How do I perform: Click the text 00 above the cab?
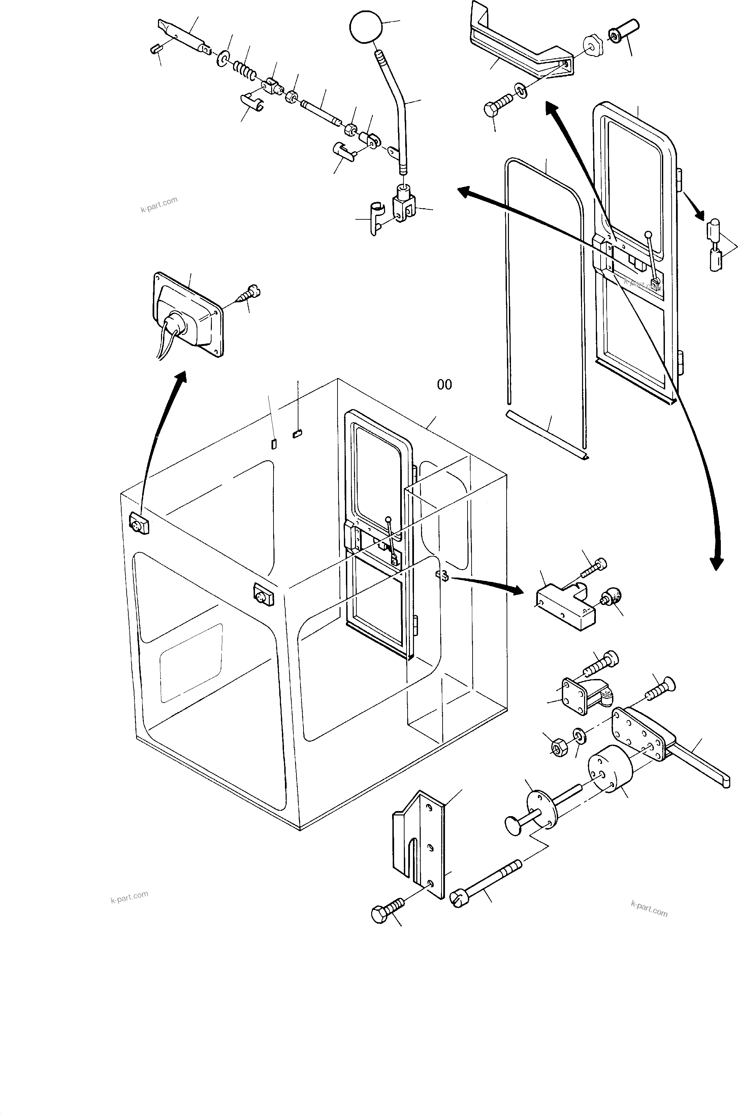pyautogui.click(x=444, y=385)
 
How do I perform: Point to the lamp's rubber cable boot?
pyautogui.click(x=174, y=324)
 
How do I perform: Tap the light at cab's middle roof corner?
pyautogui.click(x=263, y=595)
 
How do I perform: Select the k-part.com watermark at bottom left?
pyautogui.click(x=129, y=897)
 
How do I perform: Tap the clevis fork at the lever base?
pyautogui.click(x=404, y=206)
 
